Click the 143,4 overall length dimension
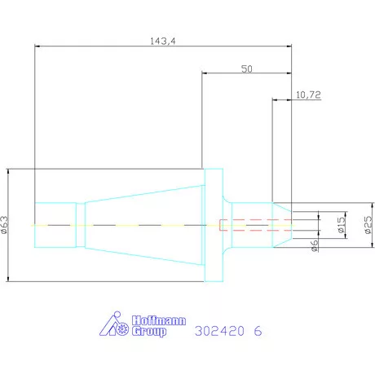pos(163,42)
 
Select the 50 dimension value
pos(247,69)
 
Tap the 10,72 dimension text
pos(308,95)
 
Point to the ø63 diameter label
pos(5,225)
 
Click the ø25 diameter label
pos(368,225)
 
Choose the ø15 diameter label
pos(342,225)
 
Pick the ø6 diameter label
pos(315,245)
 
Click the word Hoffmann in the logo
pos(159,320)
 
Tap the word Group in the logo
pos(149,332)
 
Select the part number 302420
pos(219,331)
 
